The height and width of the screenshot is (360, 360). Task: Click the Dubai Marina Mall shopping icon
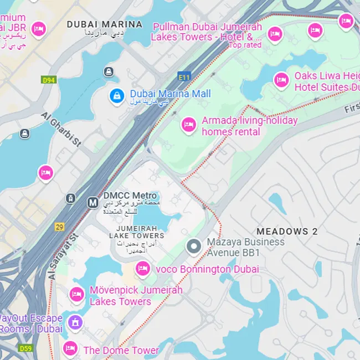coord(116,96)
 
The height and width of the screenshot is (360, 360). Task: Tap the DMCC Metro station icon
coord(92,203)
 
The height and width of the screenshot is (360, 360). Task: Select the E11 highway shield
coord(184,75)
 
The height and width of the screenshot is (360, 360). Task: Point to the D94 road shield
coord(49,80)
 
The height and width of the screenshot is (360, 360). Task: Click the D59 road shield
coord(25,348)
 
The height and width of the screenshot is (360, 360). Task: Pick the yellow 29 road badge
coord(59,227)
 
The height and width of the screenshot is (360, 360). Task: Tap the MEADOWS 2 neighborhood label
coord(287,232)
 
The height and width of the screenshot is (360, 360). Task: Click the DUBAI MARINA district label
coord(104,24)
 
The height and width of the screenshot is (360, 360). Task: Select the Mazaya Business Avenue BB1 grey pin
coord(193,246)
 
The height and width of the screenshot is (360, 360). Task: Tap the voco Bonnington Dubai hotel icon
coord(143,269)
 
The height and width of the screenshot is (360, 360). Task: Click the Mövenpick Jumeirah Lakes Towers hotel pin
coord(77,294)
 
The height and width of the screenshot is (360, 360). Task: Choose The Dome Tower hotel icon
coord(70,348)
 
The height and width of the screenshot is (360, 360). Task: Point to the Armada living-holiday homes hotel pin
coord(189,125)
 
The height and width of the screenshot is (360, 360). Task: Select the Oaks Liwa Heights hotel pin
coord(281,80)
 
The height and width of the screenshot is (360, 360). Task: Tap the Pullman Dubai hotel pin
coord(275,34)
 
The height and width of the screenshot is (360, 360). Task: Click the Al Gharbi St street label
coord(61,129)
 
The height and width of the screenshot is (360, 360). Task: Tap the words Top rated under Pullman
coord(245,45)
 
